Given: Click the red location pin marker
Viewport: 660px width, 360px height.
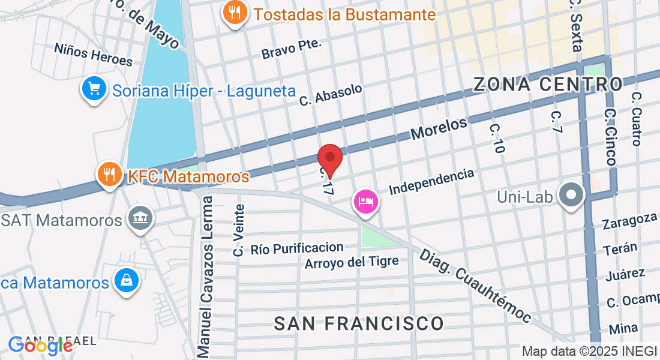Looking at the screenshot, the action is [330, 158].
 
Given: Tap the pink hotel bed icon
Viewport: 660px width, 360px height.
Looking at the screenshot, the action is [365, 201].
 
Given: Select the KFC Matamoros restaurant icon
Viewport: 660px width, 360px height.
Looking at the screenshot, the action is [109, 175].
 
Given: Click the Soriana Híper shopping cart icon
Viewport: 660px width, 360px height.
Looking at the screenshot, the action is [94, 89].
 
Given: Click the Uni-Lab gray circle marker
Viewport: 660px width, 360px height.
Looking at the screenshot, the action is [572, 195].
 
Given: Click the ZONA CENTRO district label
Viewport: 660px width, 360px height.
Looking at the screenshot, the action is [548, 84].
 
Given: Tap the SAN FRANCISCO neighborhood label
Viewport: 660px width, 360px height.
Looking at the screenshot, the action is [359, 323].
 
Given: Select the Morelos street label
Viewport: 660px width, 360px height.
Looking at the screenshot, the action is [439, 129].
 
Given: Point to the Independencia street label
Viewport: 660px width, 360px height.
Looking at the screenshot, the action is [431, 181].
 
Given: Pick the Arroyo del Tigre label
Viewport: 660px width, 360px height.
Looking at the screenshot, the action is [352, 263].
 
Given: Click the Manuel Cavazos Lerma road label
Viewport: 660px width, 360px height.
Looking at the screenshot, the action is [205, 275].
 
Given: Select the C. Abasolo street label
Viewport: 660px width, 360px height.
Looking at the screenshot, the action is [331, 95].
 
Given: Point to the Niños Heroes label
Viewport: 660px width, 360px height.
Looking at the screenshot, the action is [93, 54].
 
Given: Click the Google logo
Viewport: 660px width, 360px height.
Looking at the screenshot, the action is [40, 344].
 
